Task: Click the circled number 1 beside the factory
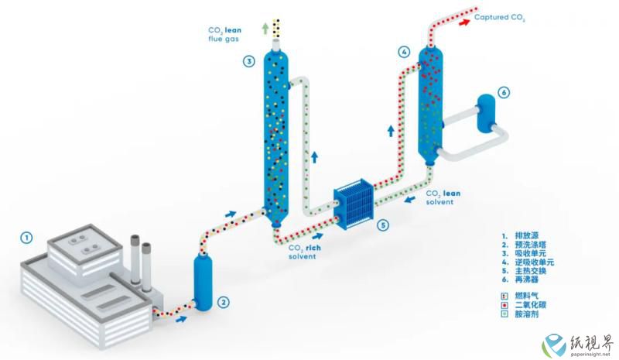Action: coord(26,238)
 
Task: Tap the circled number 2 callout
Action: coord(223,303)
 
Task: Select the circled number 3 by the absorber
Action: coord(248,61)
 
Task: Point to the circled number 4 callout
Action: coord(404,52)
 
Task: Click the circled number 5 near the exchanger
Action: coord(383,225)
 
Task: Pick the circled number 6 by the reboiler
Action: coord(504,92)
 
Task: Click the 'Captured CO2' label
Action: coord(499,17)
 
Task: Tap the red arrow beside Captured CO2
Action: coord(464,22)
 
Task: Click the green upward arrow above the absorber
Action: coord(265,28)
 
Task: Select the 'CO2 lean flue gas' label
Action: coord(224,34)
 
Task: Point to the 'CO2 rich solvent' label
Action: coord(304,252)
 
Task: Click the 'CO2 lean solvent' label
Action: coord(443,197)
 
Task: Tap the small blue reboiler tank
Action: coord(486,113)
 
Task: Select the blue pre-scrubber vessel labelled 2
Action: coord(203,283)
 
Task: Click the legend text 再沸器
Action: coord(527,279)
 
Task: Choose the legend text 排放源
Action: coord(527,236)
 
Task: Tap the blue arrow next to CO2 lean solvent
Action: coord(410,199)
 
